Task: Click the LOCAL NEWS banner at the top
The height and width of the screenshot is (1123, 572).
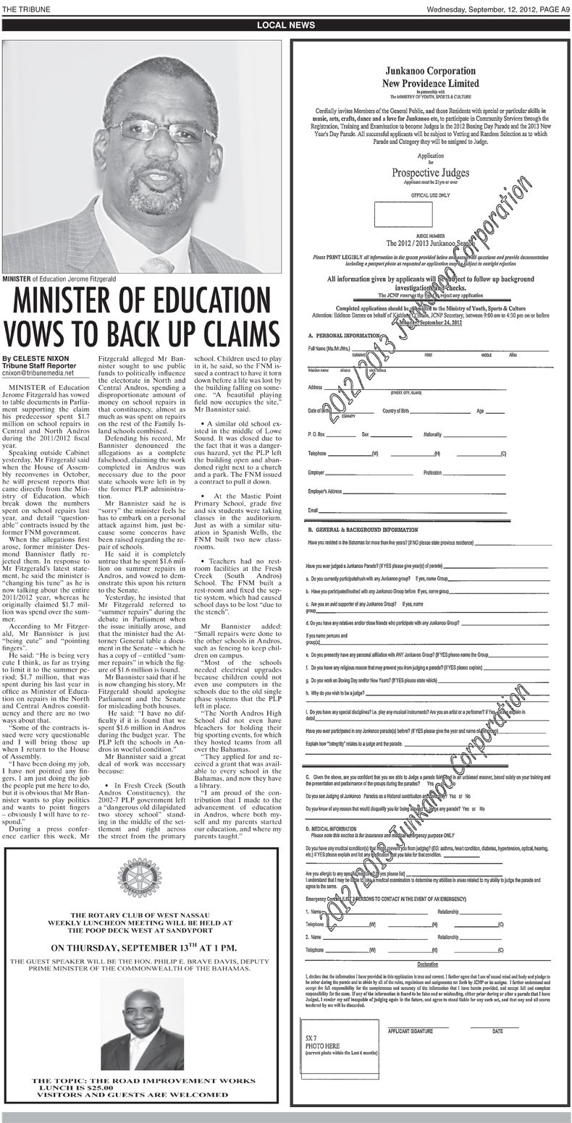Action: (x=286, y=25)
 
